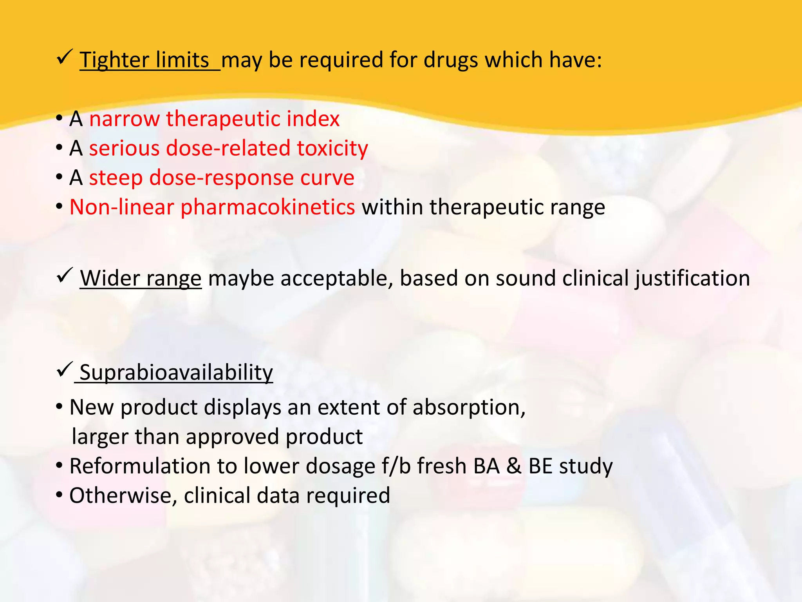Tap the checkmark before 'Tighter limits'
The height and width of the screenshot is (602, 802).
(64, 58)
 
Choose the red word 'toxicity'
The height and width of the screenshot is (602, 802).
(332, 148)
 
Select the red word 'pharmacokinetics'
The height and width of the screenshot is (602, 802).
(267, 207)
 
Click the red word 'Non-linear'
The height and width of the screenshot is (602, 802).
(121, 207)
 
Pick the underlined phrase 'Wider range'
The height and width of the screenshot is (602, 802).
(141, 278)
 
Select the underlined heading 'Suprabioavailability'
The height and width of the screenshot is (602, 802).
(176, 372)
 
